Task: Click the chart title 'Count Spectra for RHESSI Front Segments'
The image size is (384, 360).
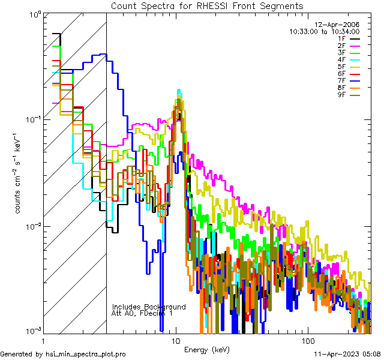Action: point(207,5)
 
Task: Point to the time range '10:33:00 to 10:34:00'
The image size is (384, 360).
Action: point(324,31)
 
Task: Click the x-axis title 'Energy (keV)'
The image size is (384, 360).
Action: point(206,350)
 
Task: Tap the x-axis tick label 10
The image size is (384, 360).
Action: point(175,340)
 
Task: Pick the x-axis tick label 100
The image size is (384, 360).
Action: point(307,340)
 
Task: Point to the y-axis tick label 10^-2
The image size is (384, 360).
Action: point(32,226)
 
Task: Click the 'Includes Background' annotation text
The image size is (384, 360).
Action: point(149,307)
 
